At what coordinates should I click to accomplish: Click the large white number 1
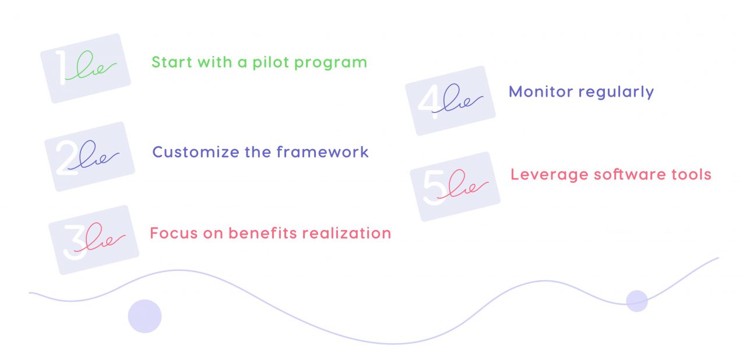click(x=60, y=68)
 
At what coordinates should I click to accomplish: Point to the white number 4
click(x=430, y=101)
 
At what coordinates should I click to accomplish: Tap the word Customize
click(x=192, y=153)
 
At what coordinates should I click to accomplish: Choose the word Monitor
click(x=538, y=91)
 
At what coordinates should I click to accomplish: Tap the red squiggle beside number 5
click(x=466, y=185)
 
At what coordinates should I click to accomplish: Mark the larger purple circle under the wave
click(x=145, y=316)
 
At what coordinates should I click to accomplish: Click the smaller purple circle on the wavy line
click(x=637, y=301)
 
